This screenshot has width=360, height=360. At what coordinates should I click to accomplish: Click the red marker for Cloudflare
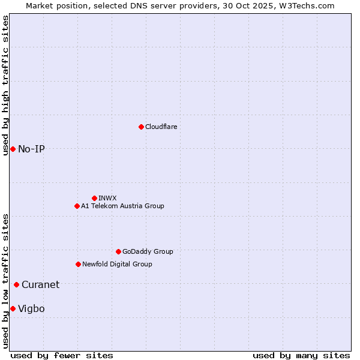coord(141,127)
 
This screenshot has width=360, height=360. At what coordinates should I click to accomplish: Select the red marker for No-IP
coord(13,149)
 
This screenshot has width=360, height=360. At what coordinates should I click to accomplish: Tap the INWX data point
coord(94,198)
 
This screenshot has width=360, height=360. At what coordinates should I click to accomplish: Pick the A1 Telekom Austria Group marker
coord(77,206)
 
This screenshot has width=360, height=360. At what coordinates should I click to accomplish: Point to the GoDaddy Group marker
coord(118,251)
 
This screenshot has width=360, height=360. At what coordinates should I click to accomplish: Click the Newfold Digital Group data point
coord(78,264)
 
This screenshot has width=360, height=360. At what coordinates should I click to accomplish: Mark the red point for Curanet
coord(16,284)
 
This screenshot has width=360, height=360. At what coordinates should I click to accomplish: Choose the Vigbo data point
coord(13,308)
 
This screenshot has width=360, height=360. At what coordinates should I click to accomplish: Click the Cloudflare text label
coord(161,127)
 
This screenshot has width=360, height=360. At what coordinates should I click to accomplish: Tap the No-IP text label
coord(31,149)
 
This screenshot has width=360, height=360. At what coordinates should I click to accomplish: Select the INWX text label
coord(107,198)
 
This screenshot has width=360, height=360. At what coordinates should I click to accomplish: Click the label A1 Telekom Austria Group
coord(122,206)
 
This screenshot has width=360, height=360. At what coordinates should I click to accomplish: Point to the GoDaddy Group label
coord(148,251)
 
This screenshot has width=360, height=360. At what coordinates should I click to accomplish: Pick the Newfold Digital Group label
coord(117,264)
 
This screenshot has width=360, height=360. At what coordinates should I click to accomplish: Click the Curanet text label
coord(40,284)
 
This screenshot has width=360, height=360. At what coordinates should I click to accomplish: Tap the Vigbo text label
coord(31,308)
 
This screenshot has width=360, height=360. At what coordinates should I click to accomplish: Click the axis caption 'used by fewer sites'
coord(62,355)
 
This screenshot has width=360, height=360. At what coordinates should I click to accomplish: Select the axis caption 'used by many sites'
coord(301,355)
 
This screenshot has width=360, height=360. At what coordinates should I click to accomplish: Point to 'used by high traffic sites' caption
coord(5,85)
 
